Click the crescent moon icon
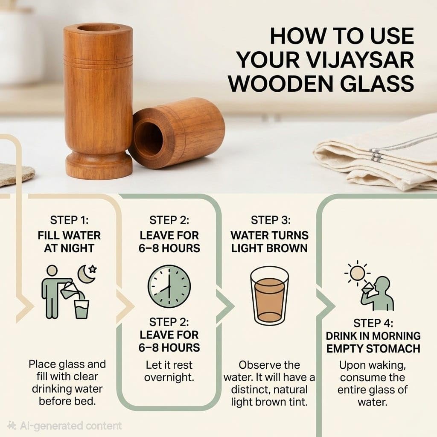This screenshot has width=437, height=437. click(85, 274)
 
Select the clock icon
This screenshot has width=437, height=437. click(169, 286)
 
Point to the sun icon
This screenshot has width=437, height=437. click(357, 273)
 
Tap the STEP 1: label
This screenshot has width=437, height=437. click(70, 220)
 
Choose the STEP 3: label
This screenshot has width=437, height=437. click(271, 220)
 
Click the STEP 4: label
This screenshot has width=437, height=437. click(373, 323)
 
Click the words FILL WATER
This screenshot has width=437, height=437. click(70, 236)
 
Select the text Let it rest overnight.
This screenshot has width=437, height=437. click(169, 371)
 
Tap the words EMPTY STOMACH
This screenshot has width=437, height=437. click(373, 349)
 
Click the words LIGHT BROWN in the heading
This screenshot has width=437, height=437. click(270, 248)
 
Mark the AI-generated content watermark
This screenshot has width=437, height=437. click(65, 425)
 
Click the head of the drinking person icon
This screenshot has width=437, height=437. click(382, 284)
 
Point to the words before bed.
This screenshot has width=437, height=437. click(67, 401)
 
